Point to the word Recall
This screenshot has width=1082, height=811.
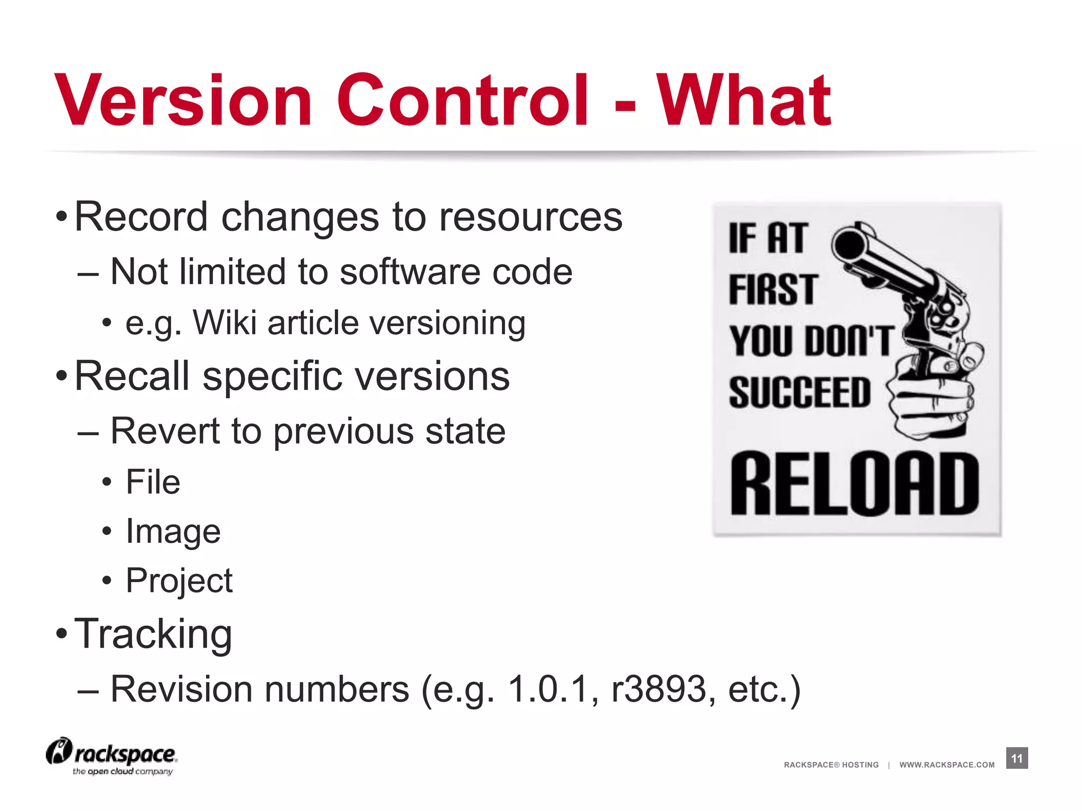[132, 376]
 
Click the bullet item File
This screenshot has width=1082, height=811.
[153, 482]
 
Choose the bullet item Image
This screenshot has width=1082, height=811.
[173, 531]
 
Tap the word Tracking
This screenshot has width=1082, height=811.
[153, 634]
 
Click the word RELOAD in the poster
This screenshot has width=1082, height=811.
[854, 484]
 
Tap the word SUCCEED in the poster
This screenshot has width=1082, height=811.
[799, 392]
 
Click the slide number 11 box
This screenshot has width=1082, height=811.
[1016, 758]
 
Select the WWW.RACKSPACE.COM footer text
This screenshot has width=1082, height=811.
[947, 765]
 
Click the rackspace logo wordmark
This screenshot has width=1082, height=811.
[125, 754]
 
